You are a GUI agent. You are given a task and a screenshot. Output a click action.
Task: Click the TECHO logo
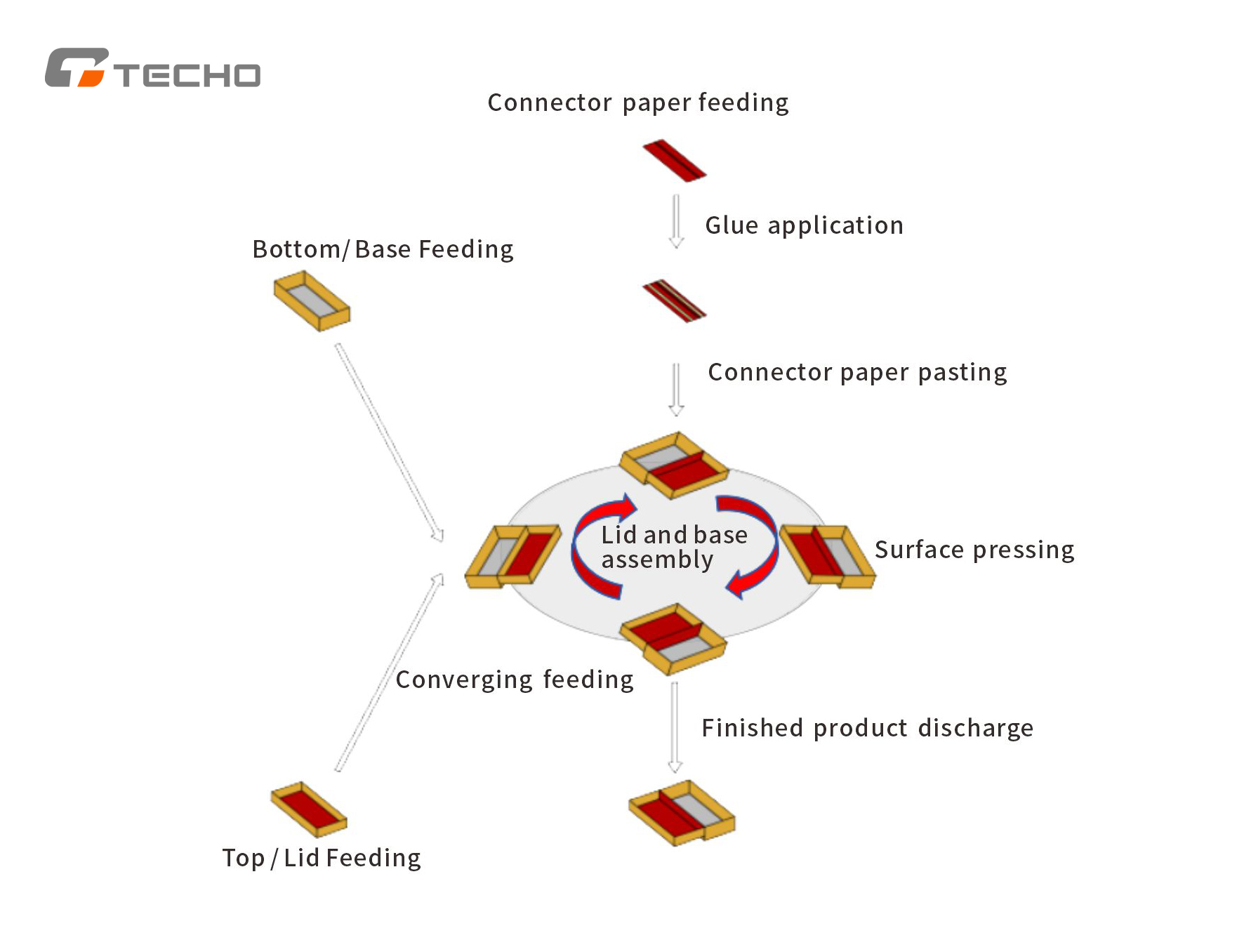[152, 67]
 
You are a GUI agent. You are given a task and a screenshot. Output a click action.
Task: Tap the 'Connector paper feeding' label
[638, 103]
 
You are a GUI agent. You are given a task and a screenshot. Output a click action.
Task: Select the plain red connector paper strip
[675, 161]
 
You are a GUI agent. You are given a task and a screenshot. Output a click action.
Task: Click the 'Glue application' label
[805, 225]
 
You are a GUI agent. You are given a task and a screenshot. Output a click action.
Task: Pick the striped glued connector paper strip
[675, 301]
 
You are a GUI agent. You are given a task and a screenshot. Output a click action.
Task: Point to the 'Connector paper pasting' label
[857, 372]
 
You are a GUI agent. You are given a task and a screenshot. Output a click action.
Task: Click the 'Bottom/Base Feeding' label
[383, 249]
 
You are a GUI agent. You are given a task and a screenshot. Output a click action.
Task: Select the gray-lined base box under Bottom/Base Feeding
[312, 300]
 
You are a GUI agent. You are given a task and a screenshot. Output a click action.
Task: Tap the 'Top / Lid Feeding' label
[322, 858]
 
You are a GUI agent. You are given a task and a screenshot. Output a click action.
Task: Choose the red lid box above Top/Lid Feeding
[309, 809]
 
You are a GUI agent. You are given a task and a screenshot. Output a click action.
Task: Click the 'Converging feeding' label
[515, 680]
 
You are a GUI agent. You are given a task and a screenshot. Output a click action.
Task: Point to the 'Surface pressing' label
[974, 550]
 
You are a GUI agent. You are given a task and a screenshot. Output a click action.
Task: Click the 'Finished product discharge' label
[868, 728]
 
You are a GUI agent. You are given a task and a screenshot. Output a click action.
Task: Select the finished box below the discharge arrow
[682, 813]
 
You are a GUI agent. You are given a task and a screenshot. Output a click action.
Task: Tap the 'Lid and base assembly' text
[674, 547]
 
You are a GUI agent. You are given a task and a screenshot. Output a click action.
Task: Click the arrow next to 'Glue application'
[676, 221]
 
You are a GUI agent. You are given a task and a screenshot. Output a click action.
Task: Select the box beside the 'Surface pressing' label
[828, 555]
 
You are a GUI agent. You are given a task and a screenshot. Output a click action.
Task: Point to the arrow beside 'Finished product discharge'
[675, 727]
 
